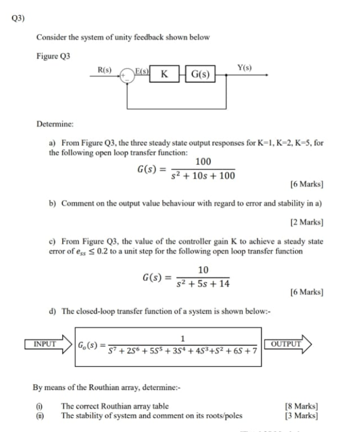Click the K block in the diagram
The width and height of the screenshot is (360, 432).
click(x=165, y=74)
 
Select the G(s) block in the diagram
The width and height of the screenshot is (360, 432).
click(x=200, y=74)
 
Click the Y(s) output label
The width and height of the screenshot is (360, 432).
click(x=244, y=67)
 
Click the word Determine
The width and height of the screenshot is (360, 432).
click(x=55, y=124)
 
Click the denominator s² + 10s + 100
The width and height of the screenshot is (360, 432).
click(x=203, y=176)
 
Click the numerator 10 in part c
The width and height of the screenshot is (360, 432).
click(x=203, y=270)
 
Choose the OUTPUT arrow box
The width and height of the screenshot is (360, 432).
click(x=286, y=344)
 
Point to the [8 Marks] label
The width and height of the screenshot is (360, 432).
click(x=301, y=406)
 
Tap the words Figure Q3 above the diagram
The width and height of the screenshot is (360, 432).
click(x=54, y=56)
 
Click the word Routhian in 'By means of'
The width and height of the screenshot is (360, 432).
click(x=100, y=388)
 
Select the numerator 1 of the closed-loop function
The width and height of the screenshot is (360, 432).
click(x=183, y=339)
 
